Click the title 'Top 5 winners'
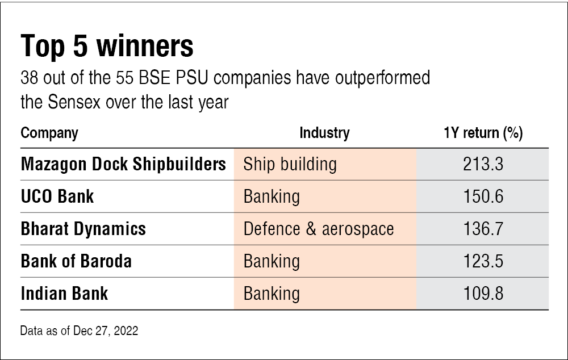click(x=107, y=47)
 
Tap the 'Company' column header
click(x=49, y=133)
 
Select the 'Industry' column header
click(x=324, y=133)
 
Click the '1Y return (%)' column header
click(x=483, y=133)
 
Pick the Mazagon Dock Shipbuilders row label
click(x=123, y=164)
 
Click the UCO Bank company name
click(x=57, y=196)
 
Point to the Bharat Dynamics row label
click(x=83, y=229)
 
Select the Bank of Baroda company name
click(x=76, y=261)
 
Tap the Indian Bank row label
click(x=64, y=294)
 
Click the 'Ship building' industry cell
click(x=290, y=164)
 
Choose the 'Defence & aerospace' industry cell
click(x=319, y=229)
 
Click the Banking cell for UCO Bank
click(x=272, y=196)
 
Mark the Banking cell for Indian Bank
click(x=272, y=294)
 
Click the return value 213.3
click(x=483, y=164)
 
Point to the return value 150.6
click(x=483, y=196)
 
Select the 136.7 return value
click(x=483, y=229)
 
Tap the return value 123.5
click(x=483, y=261)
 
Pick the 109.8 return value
click(x=483, y=294)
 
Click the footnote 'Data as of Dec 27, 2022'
click(x=79, y=330)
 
